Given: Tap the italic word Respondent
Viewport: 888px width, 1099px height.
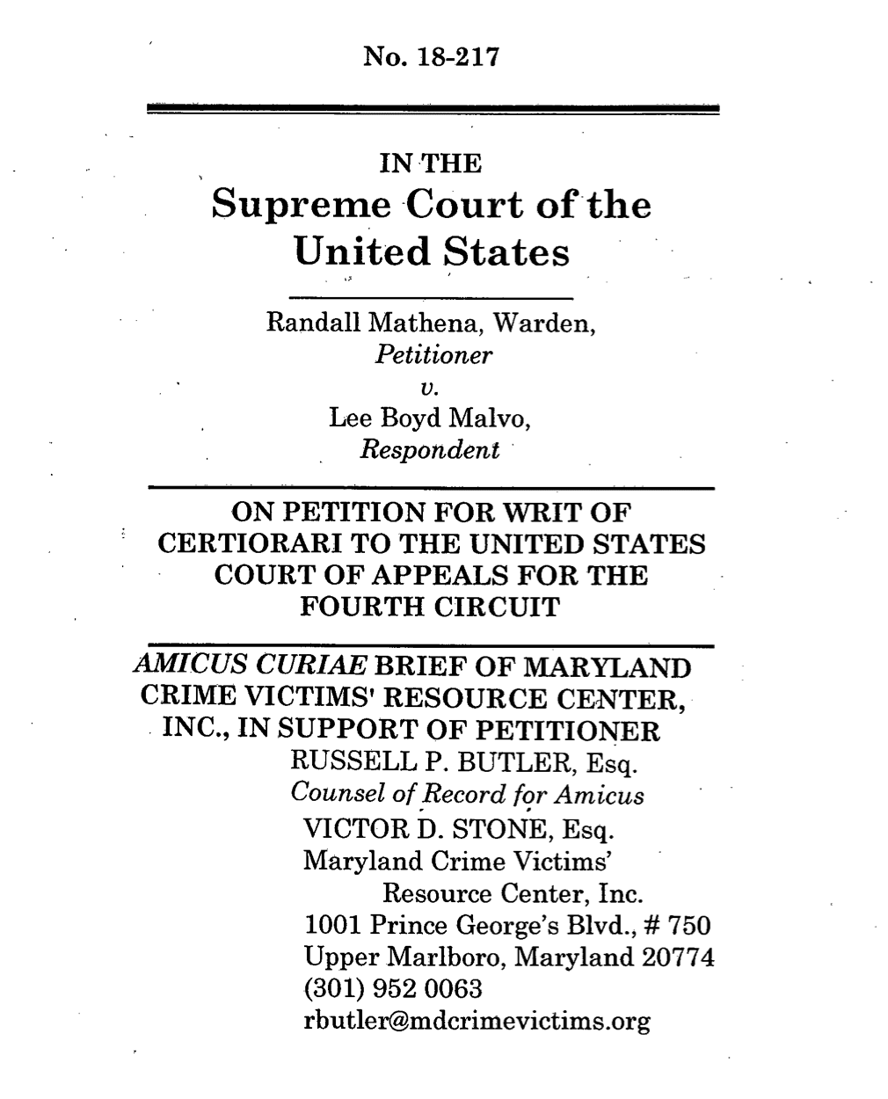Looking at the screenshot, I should click(429, 450).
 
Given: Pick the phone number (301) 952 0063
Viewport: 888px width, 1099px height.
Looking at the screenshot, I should click(392, 989).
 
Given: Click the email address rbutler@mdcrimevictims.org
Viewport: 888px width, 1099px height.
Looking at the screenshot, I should click(476, 1022).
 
